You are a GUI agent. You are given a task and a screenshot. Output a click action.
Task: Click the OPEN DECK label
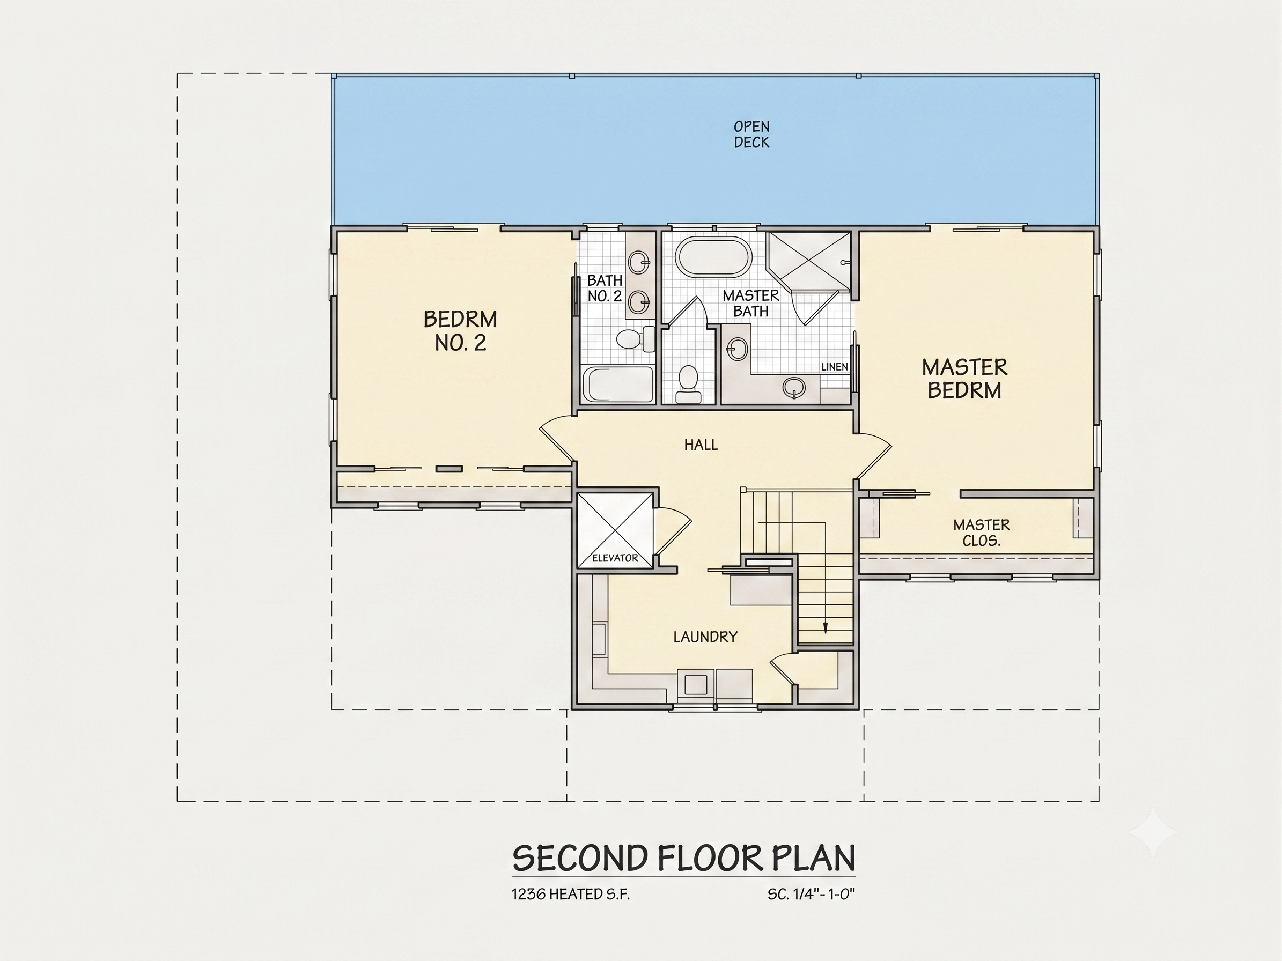[x=751, y=135]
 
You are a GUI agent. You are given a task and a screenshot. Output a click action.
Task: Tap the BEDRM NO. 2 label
[x=460, y=331]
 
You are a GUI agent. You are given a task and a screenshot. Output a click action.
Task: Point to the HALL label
[x=701, y=445]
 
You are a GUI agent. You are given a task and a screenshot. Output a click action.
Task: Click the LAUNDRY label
[x=705, y=637]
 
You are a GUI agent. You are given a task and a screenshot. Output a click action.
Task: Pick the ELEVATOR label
[x=615, y=558]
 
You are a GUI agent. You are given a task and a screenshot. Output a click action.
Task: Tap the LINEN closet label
[x=835, y=367]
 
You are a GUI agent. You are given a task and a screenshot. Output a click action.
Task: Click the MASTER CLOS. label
[x=981, y=533]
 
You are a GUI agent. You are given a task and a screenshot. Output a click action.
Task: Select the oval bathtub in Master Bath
[x=713, y=257]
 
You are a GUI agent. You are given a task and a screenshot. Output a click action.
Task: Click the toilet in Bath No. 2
[x=635, y=339]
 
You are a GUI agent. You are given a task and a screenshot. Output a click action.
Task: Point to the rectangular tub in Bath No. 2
[x=618, y=383]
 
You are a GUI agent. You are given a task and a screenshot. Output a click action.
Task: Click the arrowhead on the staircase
[x=826, y=627]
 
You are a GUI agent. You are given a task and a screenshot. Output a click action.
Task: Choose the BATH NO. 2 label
[x=605, y=289]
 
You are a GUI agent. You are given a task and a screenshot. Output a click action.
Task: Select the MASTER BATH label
[x=750, y=304]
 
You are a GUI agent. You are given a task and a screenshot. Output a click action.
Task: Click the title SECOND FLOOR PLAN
[x=684, y=859]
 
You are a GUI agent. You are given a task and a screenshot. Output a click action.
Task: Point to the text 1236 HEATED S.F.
[x=570, y=895]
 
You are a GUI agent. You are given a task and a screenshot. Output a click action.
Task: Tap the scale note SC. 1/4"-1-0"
[x=812, y=895]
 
